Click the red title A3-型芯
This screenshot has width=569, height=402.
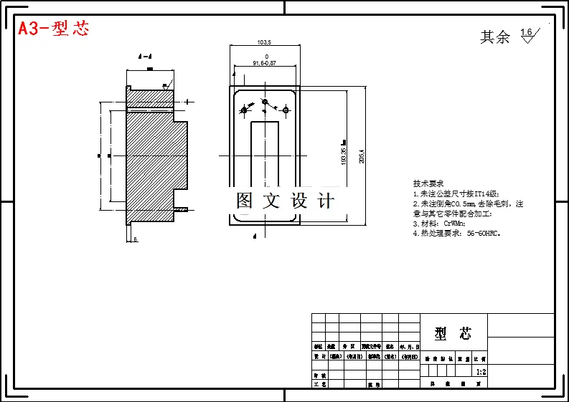click(x=54, y=29)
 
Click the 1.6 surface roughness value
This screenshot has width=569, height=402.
click(x=526, y=32)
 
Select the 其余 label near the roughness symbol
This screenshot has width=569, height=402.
click(x=495, y=37)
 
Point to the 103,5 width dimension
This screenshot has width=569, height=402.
click(x=263, y=42)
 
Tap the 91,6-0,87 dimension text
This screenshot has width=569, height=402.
click(x=264, y=64)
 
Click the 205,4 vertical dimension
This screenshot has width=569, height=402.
click(x=362, y=155)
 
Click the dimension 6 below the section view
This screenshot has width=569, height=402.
click(x=135, y=239)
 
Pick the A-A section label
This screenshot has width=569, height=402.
click(x=145, y=56)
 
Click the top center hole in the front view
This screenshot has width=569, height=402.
click(x=264, y=102)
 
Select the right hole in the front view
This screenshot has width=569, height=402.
click(x=286, y=110)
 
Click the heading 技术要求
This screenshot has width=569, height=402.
click(x=428, y=183)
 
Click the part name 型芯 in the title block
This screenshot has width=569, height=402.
click(x=453, y=333)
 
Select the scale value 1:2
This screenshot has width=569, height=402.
click(x=481, y=372)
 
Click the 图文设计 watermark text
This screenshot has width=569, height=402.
click(x=286, y=201)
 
